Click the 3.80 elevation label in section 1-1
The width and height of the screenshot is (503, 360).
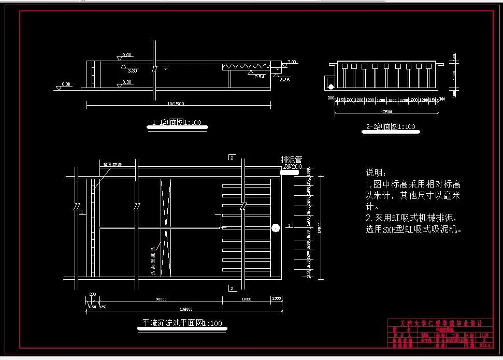127,55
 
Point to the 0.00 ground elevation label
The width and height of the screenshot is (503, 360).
66,84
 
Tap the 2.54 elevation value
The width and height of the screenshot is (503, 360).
260,77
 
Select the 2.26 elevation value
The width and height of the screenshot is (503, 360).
284,80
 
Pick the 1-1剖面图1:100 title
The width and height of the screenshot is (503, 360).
177,123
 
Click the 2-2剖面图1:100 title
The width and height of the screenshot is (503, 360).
390,126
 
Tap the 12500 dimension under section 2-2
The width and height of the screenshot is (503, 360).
385,111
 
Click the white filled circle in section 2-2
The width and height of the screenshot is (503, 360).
330,85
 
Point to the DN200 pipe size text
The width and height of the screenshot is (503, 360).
292,167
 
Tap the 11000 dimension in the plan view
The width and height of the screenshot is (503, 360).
246,298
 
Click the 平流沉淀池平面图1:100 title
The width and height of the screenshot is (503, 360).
182,323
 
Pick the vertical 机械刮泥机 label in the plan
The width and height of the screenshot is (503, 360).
153,259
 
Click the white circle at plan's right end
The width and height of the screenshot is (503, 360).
275,227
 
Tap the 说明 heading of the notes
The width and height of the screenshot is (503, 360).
376,172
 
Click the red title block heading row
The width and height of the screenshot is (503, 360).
439,323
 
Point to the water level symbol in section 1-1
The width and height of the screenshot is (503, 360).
165,67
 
